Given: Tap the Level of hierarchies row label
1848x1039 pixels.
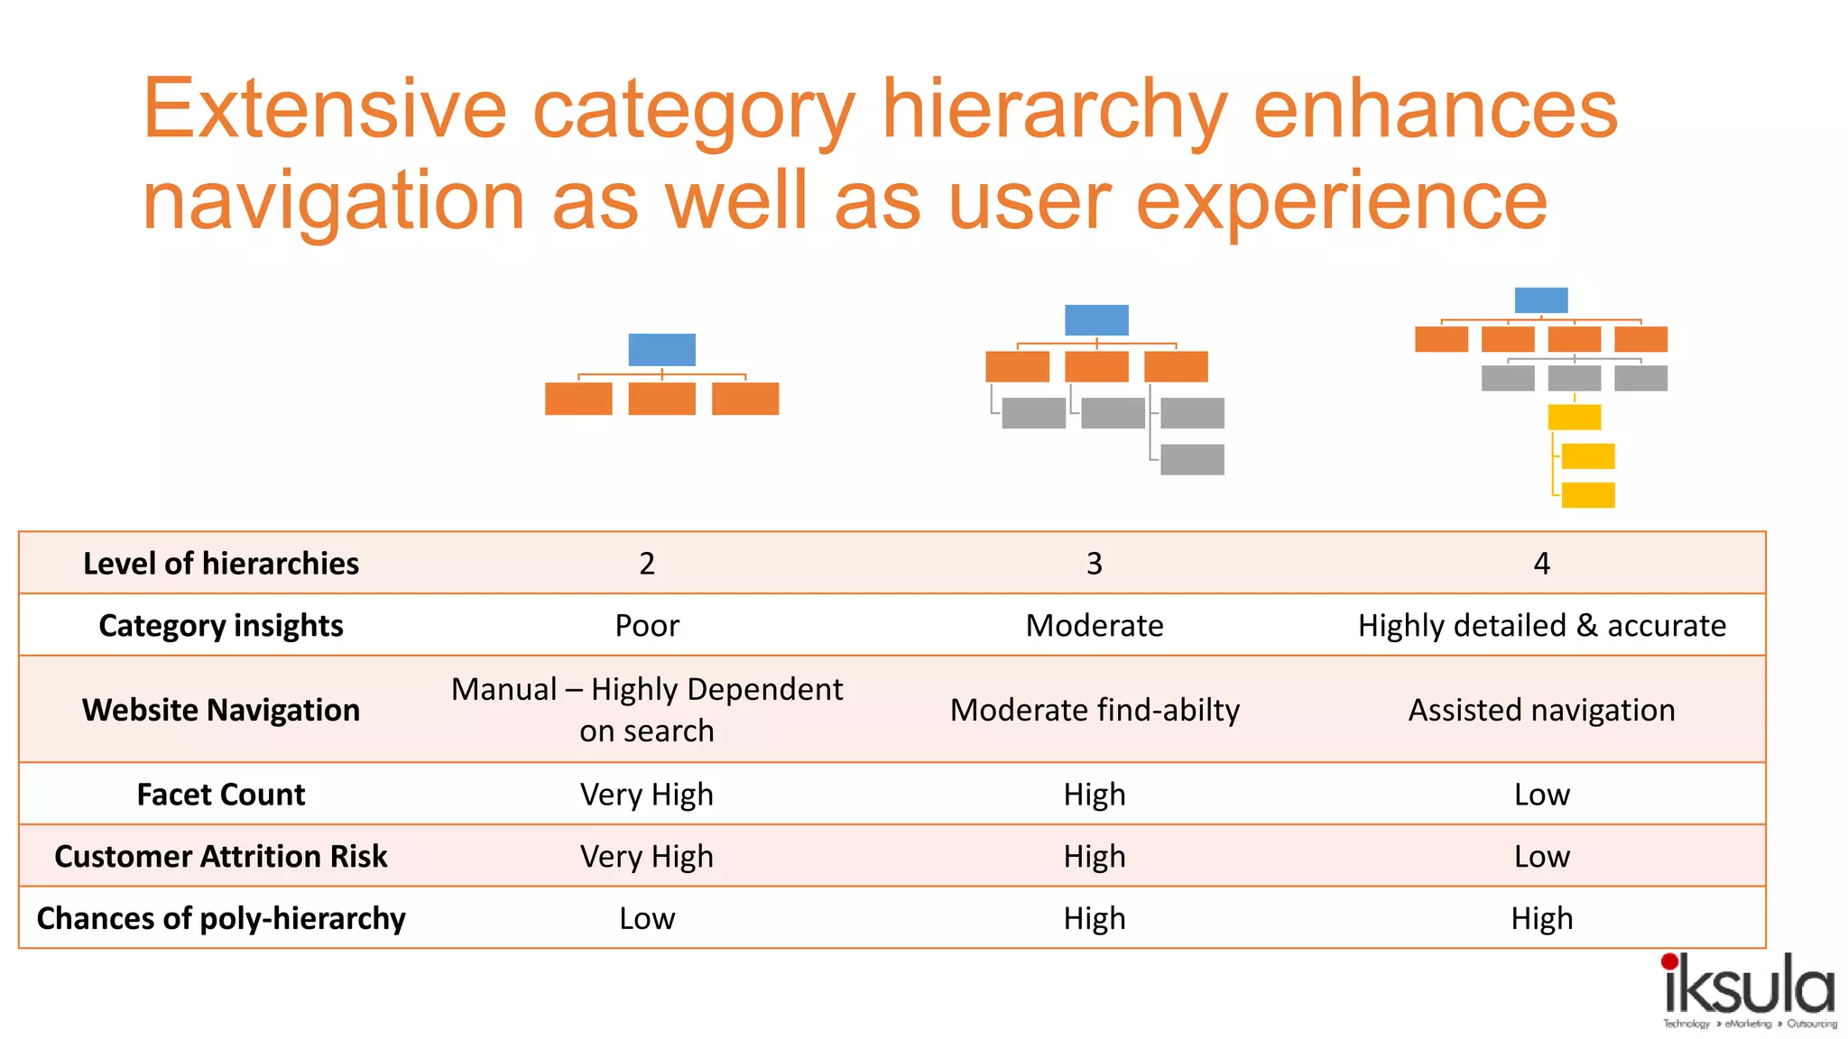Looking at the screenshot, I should (221, 564).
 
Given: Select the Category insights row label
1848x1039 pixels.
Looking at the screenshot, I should (221, 626).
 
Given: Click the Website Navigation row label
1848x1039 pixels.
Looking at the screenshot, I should (221, 711).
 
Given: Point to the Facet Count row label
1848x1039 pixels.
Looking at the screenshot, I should (221, 795).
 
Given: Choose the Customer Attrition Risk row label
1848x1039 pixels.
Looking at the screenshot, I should (221, 857).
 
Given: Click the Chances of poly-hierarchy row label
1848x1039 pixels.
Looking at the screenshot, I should (221, 919).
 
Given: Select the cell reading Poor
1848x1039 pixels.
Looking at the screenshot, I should (647, 626).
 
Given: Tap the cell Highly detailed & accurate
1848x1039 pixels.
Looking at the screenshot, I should (1541, 626).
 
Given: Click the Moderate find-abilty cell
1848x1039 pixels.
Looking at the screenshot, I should (1095, 711).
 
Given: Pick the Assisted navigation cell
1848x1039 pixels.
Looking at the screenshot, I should (1541, 711).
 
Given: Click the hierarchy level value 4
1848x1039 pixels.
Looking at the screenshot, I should (1541, 564).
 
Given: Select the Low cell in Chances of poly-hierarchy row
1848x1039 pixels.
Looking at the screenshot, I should (647, 919).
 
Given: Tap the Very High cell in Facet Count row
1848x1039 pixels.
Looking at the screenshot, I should (647, 795).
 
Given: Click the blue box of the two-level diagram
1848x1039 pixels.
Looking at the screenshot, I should (661, 350).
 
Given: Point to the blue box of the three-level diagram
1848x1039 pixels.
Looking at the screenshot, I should (1096, 320).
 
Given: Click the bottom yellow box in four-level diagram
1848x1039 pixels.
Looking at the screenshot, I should (1588, 495).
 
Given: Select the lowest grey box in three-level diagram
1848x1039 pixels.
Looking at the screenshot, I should (1192, 459).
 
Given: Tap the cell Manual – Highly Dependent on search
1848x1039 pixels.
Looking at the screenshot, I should (647, 710).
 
